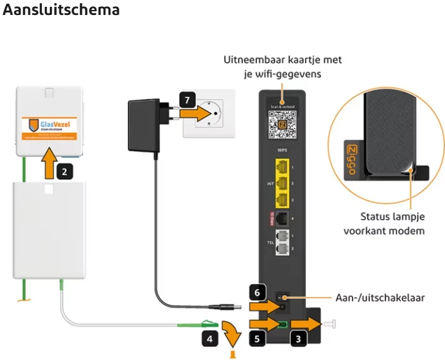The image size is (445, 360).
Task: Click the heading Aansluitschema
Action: coord(61,12)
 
